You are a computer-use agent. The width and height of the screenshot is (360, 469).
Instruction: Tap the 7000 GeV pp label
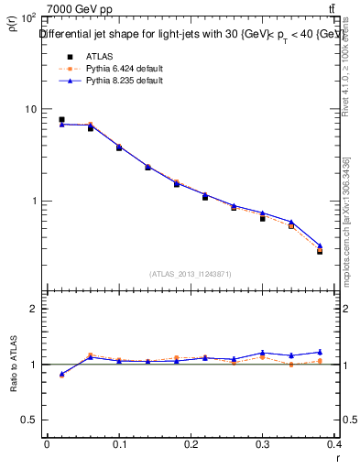(80, 9)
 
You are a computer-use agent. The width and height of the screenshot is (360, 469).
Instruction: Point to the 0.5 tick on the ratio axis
(27, 420)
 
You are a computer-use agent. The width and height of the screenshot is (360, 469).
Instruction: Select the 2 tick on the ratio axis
(32, 309)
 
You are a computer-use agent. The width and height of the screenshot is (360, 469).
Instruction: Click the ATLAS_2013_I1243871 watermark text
(191, 274)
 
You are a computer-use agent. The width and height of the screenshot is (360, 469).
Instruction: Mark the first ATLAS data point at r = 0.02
(61, 120)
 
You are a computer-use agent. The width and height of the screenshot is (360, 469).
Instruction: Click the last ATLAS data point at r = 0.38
(320, 250)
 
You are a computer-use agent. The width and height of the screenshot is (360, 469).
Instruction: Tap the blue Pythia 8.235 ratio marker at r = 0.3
(263, 352)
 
